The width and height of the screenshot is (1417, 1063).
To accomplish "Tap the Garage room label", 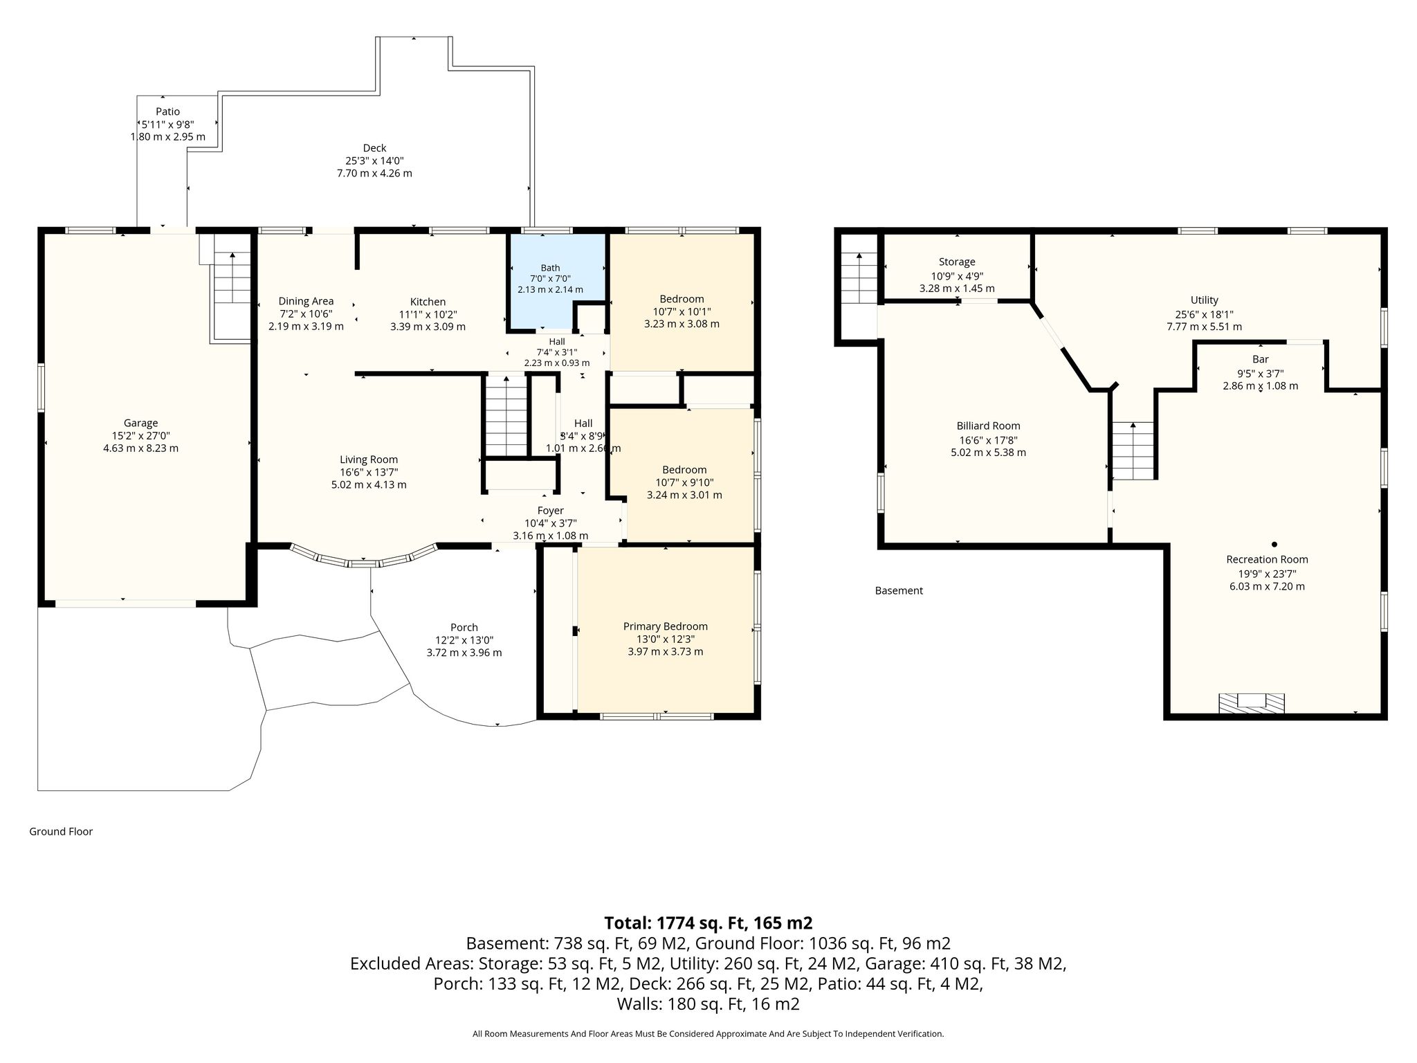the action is click(140, 423).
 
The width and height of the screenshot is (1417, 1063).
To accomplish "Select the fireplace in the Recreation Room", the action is click(1251, 702).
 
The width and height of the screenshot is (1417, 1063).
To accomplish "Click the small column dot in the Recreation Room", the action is click(1274, 544).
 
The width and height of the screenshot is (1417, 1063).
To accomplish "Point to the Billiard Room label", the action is click(988, 426).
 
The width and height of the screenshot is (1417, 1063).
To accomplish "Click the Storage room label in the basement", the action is click(957, 262).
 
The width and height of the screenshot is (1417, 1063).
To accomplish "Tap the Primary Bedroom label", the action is click(665, 626).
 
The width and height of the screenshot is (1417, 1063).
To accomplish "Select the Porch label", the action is click(464, 628).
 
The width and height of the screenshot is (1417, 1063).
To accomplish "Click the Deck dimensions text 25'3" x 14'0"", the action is click(374, 161).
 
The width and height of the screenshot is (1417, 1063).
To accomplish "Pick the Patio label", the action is click(167, 111).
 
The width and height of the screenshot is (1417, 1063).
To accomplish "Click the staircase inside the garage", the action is click(232, 287).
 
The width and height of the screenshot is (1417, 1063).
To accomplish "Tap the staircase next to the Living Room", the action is click(506, 415).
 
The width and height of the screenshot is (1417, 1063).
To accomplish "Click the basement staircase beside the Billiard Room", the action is click(1133, 451).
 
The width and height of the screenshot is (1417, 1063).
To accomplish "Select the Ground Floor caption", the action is click(61, 831).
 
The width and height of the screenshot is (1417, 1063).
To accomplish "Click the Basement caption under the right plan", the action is click(899, 590).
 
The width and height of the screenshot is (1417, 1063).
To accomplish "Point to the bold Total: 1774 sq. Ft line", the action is click(708, 923).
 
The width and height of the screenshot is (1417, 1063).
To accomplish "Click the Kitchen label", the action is click(428, 302).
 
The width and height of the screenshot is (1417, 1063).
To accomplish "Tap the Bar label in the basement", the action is click(1260, 359).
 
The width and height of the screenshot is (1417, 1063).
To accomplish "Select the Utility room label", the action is click(1204, 300).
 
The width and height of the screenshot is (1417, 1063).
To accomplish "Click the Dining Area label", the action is click(306, 301).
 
